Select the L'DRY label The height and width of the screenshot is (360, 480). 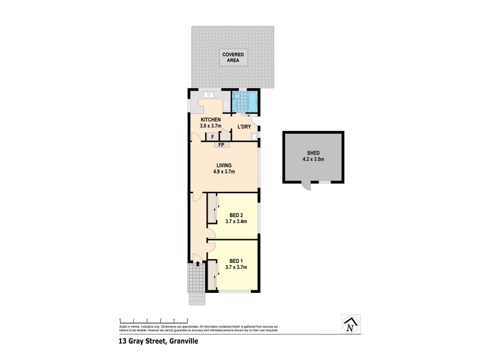pyautogui.click(x=244, y=127)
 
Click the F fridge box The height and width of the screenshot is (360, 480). pyautogui.click(x=212, y=137)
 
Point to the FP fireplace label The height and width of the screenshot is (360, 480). pyautogui.click(x=221, y=145)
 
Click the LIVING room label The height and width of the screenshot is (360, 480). pyautogui.click(x=223, y=168)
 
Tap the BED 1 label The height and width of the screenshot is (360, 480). pyautogui.click(x=236, y=264)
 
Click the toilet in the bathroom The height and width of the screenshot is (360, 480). pyautogui.click(x=236, y=97)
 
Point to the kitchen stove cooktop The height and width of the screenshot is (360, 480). pyautogui.click(x=226, y=106)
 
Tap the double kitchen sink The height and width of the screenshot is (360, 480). pyautogui.click(x=209, y=94)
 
